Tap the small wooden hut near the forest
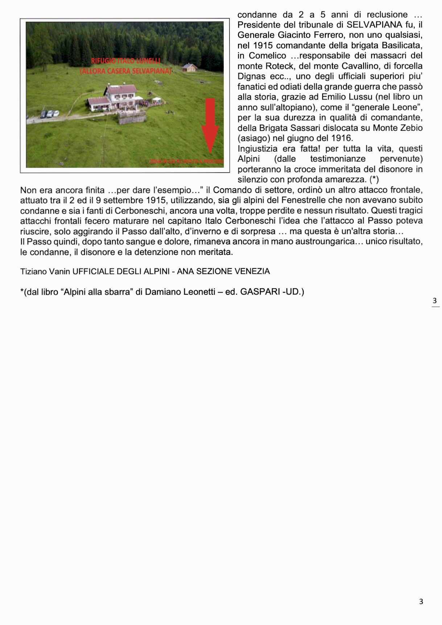190,67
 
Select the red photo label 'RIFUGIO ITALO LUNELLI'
125,60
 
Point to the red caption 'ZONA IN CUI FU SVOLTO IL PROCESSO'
187,161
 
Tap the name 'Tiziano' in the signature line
33,272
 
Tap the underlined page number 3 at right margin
435,301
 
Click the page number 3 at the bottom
421,601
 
